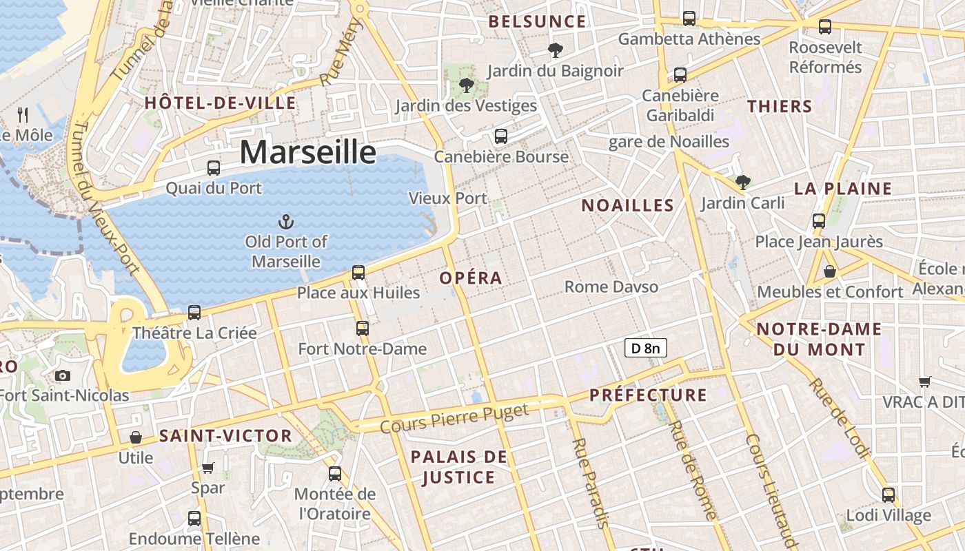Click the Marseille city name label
click(308, 152)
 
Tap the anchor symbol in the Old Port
click(285, 222)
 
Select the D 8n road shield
click(645, 349)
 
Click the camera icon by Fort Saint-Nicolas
click(63, 375)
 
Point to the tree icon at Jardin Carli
click(742, 183)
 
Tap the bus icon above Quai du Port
click(214, 167)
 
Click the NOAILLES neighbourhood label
click(627, 205)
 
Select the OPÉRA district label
click(471, 278)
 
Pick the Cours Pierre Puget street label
click(454, 418)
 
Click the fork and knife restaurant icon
click(23, 114)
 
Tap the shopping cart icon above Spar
click(208, 468)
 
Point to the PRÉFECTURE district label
click(648, 395)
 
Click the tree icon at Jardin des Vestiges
click(467, 85)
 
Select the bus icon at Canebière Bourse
click(501, 136)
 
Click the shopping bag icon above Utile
click(136, 437)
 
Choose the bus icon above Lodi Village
click(888, 495)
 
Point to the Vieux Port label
click(448, 198)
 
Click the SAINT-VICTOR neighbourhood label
click(225, 436)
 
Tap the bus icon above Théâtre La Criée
click(194, 313)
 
